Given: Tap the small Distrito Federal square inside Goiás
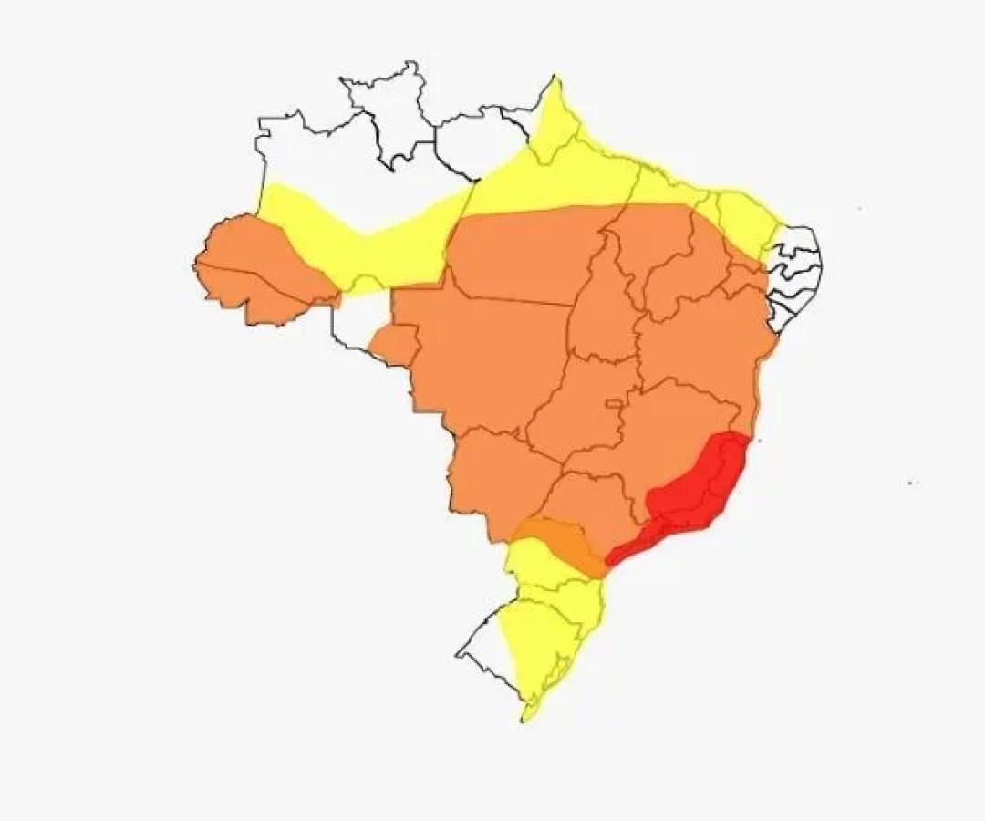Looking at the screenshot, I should click(617, 403).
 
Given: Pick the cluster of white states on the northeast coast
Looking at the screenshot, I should click(793, 274).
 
